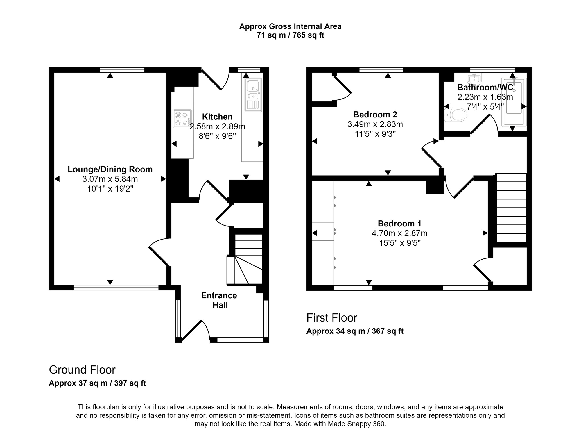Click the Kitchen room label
tap(217, 117)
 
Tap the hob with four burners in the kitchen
tap(182, 119)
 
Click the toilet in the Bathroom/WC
tap(456, 115)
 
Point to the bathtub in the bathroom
tap(514, 102)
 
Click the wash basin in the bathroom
tap(475, 78)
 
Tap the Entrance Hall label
tap(219, 300)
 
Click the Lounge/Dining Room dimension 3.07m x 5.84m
tap(110, 179)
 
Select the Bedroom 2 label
tap(375, 115)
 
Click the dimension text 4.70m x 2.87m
tap(399, 233)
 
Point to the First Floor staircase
tap(511, 208)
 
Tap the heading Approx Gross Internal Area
tap(290, 26)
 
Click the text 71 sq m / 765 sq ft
tap(290, 35)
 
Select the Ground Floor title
tap(82, 370)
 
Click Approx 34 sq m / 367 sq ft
tap(355, 331)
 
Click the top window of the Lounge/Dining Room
tap(122, 70)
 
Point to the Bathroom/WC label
tap(485, 87)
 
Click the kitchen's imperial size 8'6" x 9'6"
tap(217, 136)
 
